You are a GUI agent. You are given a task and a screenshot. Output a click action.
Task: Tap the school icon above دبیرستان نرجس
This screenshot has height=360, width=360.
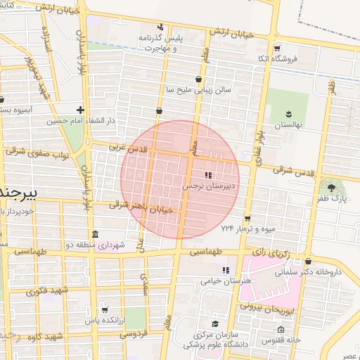(207, 175)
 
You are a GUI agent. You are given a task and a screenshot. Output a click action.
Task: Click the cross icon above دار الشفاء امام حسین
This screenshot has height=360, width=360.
(81, 110)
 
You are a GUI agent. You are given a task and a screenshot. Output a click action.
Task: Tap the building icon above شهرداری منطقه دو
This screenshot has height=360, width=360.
(95, 234)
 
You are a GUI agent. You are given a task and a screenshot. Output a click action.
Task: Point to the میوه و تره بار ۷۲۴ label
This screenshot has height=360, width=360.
(246, 229)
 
